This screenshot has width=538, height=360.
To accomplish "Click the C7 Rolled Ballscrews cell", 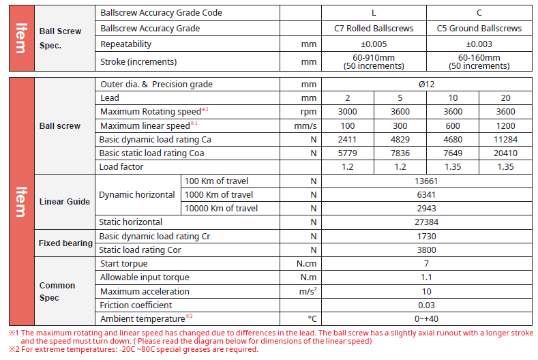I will pyautogui.click(x=374, y=29).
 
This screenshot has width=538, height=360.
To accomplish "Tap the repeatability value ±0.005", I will pyautogui.click(x=374, y=44).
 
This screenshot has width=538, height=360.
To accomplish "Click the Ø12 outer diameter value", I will pyautogui.click(x=426, y=85).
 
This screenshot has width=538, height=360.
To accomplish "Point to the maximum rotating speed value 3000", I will pyautogui.click(x=347, y=112).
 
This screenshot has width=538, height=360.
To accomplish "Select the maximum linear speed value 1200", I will pyautogui.click(x=505, y=125).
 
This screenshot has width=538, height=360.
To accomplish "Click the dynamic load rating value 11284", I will pyautogui.click(x=505, y=139).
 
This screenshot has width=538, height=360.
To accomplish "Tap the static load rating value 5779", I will pyautogui.click(x=347, y=153).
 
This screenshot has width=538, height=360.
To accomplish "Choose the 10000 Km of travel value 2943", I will pyautogui.click(x=426, y=208).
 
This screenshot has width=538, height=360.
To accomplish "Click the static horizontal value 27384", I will pyautogui.click(x=426, y=222).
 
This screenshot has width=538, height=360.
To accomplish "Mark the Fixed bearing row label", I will pyautogui.click(x=65, y=243).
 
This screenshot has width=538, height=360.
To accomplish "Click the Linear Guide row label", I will pyautogui.click(x=65, y=202).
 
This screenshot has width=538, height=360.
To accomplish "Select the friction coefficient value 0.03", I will pyautogui.click(x=426, y=305).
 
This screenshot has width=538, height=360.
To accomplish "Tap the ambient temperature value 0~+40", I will pyautogui.click(x=426, y=319).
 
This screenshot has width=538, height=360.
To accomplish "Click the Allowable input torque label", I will pyautogui.click(x=144, y=277).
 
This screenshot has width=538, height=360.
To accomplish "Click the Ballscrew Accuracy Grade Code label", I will pyautogui.click(x=161, y=13).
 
